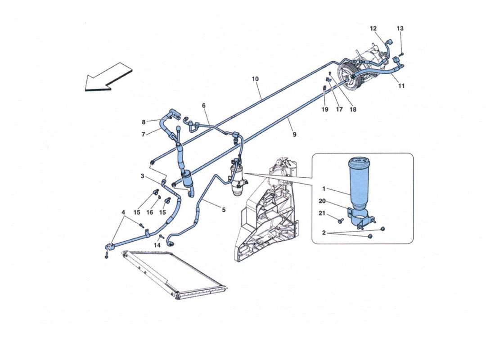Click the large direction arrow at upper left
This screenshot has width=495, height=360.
click(108, 77)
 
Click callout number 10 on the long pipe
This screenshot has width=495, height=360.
click(255, 79)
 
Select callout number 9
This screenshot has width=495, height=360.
click(294, 134)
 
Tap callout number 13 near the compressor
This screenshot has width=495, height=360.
click(400, 28)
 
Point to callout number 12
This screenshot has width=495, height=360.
click(373, 28)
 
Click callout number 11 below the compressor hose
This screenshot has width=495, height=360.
click(401, 85)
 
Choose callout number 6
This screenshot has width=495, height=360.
click(203, 105)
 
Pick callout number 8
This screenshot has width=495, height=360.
click(144, 121)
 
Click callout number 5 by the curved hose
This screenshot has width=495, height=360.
click(223, 209)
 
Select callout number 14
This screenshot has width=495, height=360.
click(157, 245)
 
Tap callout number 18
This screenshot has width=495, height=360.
click(352, 109)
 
